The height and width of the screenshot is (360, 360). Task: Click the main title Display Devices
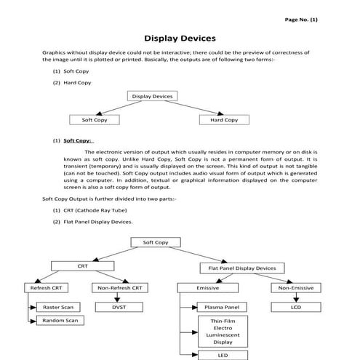(x=180, y=38)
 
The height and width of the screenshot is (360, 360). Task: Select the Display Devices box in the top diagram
(x=153, y=96)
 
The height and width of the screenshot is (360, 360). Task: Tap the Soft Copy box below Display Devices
(x=95, y=119)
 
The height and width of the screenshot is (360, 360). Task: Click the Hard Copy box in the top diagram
(x=223, y=119)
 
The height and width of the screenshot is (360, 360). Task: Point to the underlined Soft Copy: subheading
(x=76, y=140)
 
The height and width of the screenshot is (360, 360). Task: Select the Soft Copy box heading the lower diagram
(x=156, y=242)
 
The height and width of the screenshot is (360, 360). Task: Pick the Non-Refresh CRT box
(x=118, y=288)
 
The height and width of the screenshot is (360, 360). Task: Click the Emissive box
(x=208, y=288)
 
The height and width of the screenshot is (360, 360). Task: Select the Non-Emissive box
(x=295, y=288)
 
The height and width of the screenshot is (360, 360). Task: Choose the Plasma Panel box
(x=222, y=307)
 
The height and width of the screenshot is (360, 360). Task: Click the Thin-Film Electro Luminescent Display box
(x=223, y=331)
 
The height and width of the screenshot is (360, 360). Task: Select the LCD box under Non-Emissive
(x=295, y=307)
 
